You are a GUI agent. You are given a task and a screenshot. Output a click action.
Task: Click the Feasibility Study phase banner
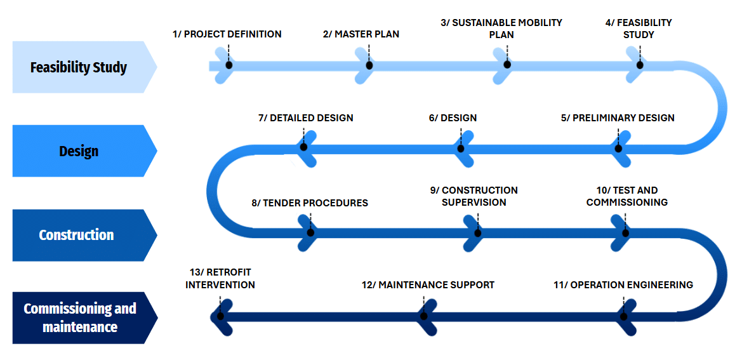[x=79, y=67]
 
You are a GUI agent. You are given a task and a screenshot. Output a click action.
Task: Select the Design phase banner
[x=79, y=151]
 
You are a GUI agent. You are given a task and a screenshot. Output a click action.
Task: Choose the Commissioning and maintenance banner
[x=80, y=317]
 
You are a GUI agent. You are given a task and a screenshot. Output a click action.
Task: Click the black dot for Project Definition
[x=229, y=65]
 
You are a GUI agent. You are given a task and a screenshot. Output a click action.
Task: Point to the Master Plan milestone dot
[x=369, y=65]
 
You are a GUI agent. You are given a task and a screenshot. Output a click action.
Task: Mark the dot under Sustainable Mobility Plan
[x=507, y=65]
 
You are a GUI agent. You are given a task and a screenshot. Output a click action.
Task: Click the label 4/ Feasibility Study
[x=639, y=29]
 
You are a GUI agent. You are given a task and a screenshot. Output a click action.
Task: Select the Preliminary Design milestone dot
[x=618, y=148]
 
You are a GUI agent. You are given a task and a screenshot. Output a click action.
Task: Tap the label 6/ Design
[x=453, y=118]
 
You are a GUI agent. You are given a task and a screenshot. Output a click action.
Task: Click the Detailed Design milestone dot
[x=303, y=147]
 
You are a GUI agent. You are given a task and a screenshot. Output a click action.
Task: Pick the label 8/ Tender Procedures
[x=310, y=203]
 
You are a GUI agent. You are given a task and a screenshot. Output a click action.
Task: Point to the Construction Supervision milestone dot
[x=478, y=233]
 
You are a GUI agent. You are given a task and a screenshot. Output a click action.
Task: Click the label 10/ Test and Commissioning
[x=627, y=196]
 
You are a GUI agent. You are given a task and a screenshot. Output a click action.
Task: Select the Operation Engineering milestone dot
[x=624, y=316]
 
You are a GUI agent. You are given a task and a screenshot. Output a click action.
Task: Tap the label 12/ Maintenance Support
[x=428, y=285]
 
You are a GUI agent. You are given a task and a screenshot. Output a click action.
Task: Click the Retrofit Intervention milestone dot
[x=220, y=316]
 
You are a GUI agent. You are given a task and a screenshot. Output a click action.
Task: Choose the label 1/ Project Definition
[x=227, y=34]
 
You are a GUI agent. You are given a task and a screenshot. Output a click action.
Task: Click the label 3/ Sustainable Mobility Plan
[x=501, y=29]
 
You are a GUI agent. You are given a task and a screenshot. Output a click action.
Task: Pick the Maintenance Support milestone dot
[x=424, y=316]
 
